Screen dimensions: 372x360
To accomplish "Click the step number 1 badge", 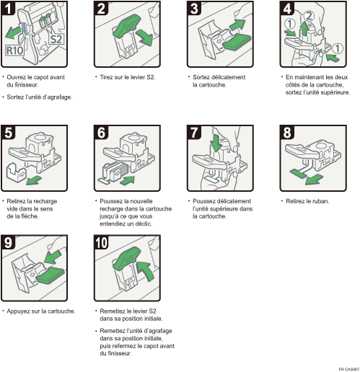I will tap(9, 9).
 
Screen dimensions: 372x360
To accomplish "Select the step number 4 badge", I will tap(287, 9).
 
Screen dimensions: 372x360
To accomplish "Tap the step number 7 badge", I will tap(195, 133).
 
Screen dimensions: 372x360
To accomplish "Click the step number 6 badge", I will tap(102, 133).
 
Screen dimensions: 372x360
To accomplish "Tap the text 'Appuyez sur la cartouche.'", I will tap(40, 311).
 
